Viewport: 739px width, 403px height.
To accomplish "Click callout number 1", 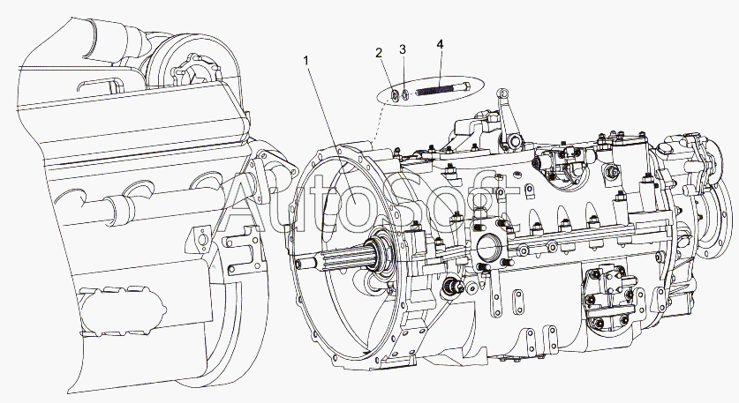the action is (306, 60).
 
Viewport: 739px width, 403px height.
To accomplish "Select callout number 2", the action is (379, 52).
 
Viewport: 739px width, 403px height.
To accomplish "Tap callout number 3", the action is (402, 49).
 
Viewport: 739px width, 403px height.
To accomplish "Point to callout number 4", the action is (440, 44).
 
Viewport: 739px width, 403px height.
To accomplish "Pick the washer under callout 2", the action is (394, 96).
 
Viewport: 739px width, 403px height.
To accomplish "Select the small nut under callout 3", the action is (404, 94).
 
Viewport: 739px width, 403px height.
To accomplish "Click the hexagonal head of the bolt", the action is (466, 86).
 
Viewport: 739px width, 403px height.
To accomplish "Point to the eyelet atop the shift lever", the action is (504, 93).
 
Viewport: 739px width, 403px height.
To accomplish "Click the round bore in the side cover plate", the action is (486, 246).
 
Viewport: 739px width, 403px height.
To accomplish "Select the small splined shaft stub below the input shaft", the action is (451, 287).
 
